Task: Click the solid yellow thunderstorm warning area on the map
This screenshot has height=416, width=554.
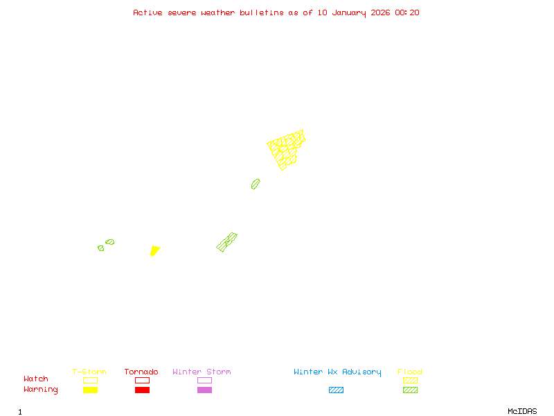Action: click(x=154, y=250)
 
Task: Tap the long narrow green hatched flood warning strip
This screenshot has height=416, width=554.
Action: click(x=226, y=242)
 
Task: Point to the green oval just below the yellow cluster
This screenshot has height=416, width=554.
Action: click(x=256, y=184)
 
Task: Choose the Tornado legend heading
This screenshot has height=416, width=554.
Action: click(x=141, y=372)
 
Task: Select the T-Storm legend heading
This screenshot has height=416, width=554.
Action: click(x=89, y=372)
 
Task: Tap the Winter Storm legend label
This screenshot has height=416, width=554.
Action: click(x=202, y=372)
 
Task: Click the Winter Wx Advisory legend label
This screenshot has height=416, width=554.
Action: click(x=337, y=372)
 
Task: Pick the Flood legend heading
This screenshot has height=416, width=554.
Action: click(x=410, y=372)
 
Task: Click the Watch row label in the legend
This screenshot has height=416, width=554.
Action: click(x=36, y=379)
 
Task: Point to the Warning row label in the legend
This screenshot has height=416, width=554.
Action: click(x=40, y=390)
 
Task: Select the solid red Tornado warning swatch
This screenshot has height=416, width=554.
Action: click(x=142, y=390)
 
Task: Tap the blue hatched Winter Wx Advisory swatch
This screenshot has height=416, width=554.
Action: click(x=336, y=390)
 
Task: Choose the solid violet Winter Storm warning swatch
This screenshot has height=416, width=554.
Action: click(x=204, y=390)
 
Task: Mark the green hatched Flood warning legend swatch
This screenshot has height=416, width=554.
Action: click(x=410, y=390)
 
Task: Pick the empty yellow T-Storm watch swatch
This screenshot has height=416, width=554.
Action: click(x=90, y=380)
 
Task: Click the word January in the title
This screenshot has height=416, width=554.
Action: click(x=341, y=12)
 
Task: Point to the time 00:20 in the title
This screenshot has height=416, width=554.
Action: click(x=407, y=12)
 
